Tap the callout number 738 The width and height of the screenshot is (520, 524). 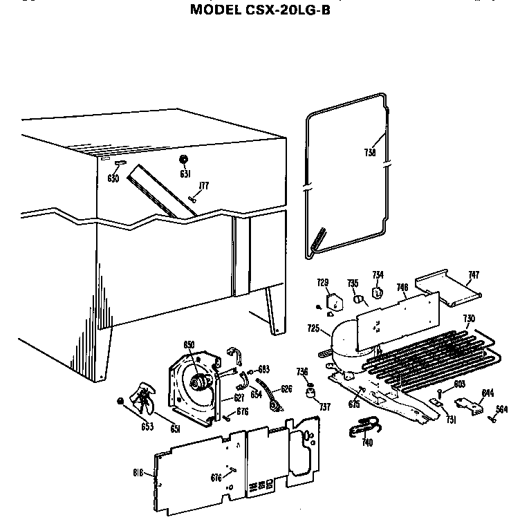click(370, 153)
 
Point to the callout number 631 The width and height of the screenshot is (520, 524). click(185, 174)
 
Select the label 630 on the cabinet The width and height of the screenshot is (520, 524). click(113, 178)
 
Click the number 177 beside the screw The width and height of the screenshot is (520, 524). click(204, 185)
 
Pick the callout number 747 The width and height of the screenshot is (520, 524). click(472, 274)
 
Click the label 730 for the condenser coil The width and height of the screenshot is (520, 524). click(468, 318)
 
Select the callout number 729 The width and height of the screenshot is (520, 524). click(323, 282)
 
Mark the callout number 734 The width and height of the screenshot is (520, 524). click(378, 274)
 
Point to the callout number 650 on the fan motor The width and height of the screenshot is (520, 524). click(189, 345)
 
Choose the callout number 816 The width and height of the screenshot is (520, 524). click(138, 473)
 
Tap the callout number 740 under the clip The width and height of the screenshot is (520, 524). click(367, 443)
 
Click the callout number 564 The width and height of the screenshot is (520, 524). click(501, 409)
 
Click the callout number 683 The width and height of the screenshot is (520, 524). click(263, 368)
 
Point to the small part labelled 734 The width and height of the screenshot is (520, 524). click(378, 293)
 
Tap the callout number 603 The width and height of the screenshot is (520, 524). click(459, 384)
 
